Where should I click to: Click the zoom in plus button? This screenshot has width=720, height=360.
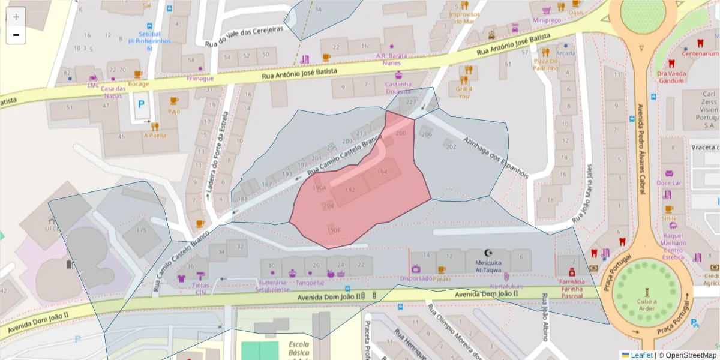click(16, 17)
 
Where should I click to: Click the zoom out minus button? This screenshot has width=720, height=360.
click(16, 35)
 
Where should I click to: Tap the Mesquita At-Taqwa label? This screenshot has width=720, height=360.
click(487, 266)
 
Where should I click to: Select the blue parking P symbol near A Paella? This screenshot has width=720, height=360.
click(142, 104)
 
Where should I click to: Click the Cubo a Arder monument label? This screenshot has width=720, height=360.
click(647, 305)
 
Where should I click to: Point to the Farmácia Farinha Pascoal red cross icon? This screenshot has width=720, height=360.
click(572, 272)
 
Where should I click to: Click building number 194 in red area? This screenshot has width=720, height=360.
click(382, 172)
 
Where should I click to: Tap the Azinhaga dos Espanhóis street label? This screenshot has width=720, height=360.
click(495, 157)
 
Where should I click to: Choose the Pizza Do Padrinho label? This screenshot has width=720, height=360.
click(546, 65)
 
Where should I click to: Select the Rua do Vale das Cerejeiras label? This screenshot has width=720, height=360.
click(244, 37)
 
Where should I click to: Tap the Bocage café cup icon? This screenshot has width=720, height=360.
click(137, 74)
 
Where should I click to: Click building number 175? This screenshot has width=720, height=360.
click(142, 230)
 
